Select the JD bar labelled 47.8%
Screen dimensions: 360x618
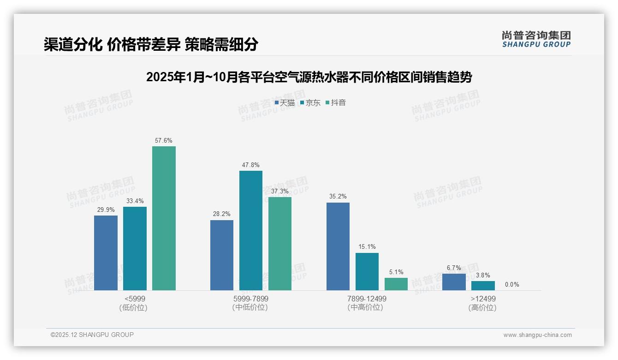pyautogui.click(x=250, y=230)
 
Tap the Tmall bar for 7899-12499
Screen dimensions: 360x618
pyautogui.click(x=338, y=246)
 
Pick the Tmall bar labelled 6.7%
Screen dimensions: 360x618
pyautogui.click(x=454, y=282)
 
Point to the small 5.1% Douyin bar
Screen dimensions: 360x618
pyautogui.click(x=396, y=284)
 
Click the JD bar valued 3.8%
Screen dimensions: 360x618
pyautogui.click(x=483, y=286)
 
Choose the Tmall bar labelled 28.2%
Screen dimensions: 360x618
pyautogui.click(x=222, y=255)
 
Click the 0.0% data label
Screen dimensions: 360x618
pyautogui.click(x=512, y=285)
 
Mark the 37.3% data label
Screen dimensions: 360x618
pyautogui.click(x=279, y=191)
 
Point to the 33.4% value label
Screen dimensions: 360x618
pyautogui.click(x=135, y=201)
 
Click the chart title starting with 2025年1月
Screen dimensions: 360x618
pyautogui.click(x=309, y=78)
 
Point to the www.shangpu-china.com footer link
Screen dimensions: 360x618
pyautogui.click(x=537, y=335)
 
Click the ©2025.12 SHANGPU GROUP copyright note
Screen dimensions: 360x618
pyautogui.click(x=92, y=335)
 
